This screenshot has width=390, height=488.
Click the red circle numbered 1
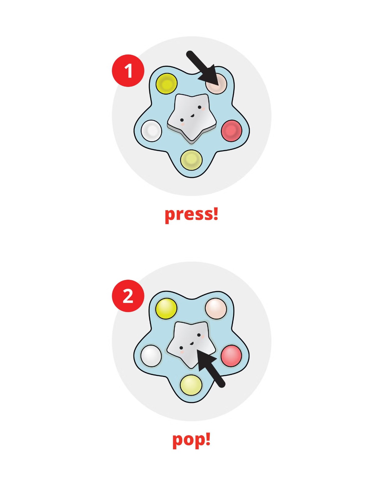point(128,70)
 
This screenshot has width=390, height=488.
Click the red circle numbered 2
point(128,296)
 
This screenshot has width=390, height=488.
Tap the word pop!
point(191,440)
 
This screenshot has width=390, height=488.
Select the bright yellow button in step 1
point(166,84)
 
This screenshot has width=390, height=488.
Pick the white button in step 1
point(151,131)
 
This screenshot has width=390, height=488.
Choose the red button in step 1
point(231,131)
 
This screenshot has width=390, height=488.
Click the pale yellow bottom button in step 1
point(191,160)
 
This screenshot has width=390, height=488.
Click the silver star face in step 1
point(191,117)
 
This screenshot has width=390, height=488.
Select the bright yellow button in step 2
point(166,308)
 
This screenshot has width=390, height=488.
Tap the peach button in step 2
point(216,308)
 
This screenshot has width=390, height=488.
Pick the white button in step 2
point(151,356)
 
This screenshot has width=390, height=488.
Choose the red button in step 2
point(231,356)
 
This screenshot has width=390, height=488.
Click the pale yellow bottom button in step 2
point(191,385)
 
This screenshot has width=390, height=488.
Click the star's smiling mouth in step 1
point(192,116)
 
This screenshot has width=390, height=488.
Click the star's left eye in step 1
point(182,120)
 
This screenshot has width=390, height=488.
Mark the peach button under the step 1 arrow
point(216,84)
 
